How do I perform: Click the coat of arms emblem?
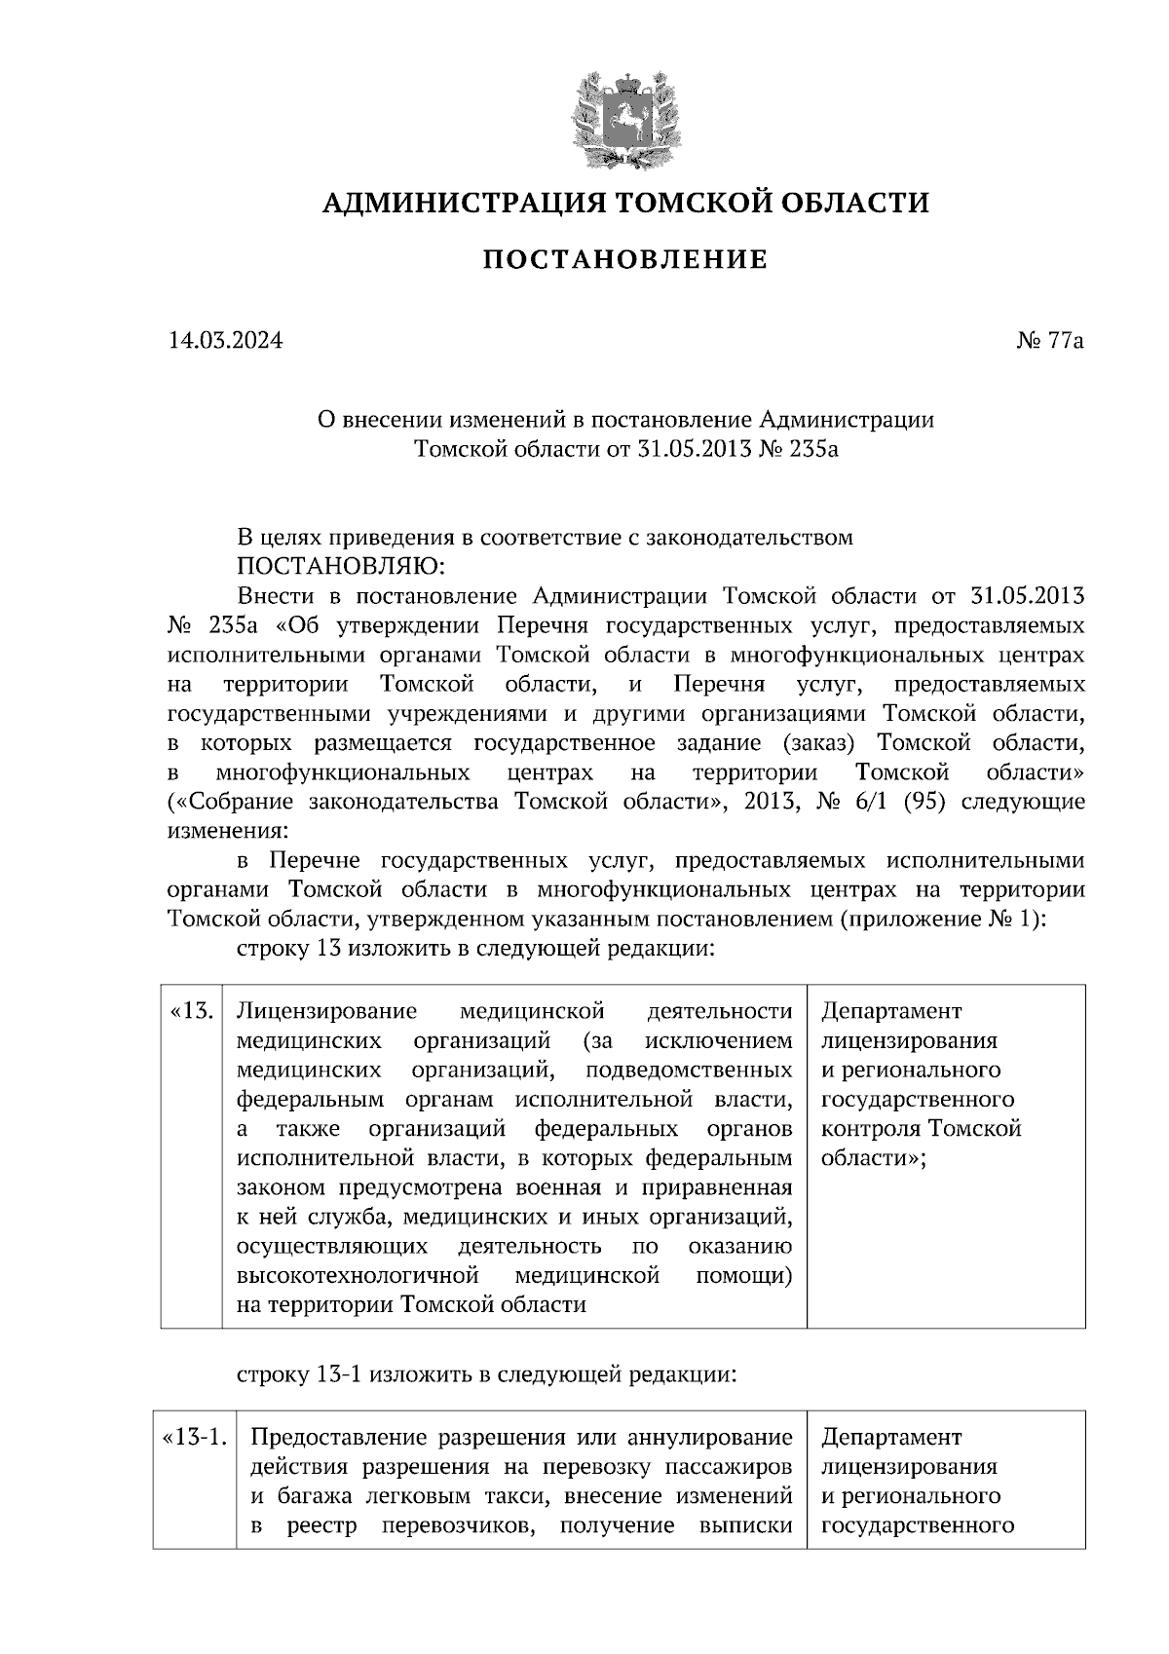(x=624, y=119)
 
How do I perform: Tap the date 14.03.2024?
(x=225, y=341)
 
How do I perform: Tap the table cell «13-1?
(x=195, y=1438)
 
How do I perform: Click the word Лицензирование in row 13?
(x=326, y=1011)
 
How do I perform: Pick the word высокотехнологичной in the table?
(x=358, y=1275)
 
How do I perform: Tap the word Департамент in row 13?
(x=891, y=1011)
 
